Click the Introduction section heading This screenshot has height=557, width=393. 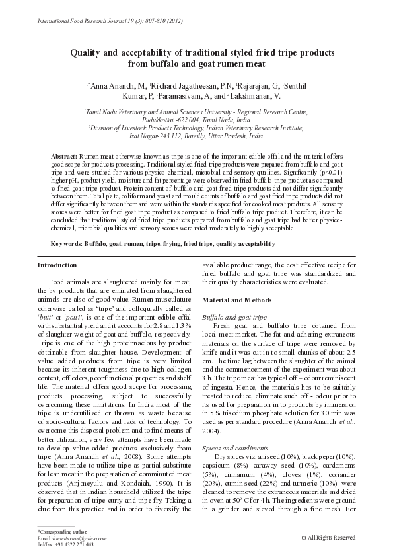point(57,265)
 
